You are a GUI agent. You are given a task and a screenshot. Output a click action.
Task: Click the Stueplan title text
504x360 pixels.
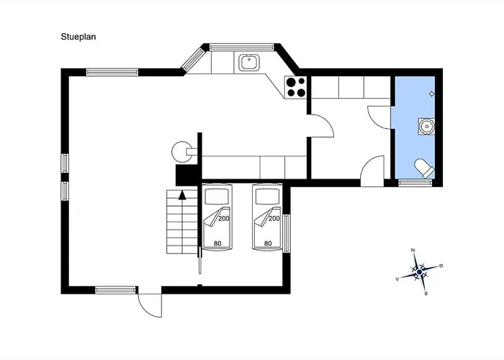(78, 37)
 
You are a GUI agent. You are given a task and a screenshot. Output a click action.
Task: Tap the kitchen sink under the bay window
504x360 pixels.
(248, 63)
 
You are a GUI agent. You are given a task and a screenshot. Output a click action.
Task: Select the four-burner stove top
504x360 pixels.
(296, 87)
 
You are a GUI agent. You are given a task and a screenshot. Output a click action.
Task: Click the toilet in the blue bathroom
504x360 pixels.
(425, 168)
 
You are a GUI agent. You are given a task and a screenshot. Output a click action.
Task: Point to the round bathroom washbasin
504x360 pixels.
(426, 126)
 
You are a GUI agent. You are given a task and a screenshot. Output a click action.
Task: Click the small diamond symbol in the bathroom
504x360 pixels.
(432, 94)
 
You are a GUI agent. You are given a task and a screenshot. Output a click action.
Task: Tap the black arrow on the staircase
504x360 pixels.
(182, 195)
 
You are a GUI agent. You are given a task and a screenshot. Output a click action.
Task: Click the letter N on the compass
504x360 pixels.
(413, 250)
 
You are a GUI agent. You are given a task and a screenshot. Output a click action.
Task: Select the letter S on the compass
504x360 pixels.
(426, 293)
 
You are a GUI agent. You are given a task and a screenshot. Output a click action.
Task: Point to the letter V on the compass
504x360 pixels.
(397, 279)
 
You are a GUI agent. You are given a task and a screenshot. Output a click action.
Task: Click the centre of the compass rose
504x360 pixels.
(419, 272)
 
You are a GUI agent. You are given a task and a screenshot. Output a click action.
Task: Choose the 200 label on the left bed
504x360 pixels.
(224, 219)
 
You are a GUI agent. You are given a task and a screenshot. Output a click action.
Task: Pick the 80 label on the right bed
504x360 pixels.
(268, 243)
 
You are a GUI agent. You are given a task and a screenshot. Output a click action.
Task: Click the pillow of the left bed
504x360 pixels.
(217, 197)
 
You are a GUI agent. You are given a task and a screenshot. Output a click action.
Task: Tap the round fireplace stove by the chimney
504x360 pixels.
(181, 151)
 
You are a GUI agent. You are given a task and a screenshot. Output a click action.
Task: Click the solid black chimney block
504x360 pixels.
(186, 175)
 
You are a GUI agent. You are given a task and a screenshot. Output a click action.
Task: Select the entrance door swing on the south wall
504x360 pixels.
(150, 305)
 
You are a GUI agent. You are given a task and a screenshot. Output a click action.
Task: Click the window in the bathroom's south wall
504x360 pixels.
(415, 183)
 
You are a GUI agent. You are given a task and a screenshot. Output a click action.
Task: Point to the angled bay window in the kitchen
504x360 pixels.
(194, 59)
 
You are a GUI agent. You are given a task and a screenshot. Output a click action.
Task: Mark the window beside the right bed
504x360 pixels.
(287, 233)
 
